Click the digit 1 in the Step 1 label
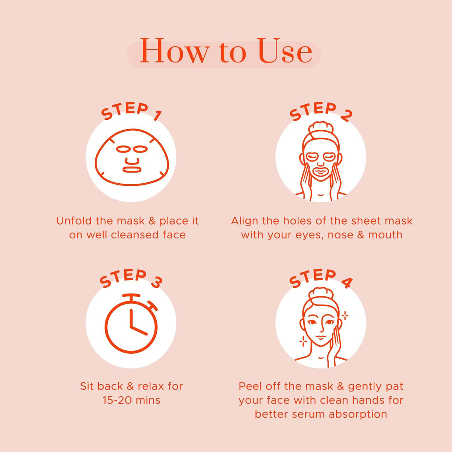coord(157,116)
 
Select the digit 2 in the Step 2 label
coord(347,116)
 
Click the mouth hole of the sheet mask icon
coord(132,169)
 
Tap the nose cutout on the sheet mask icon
coord(132,161)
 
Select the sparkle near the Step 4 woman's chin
coord(303,341)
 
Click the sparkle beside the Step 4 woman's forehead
coord(345,316)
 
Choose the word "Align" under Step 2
coord(244,221)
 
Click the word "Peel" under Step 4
coord(250,386)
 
